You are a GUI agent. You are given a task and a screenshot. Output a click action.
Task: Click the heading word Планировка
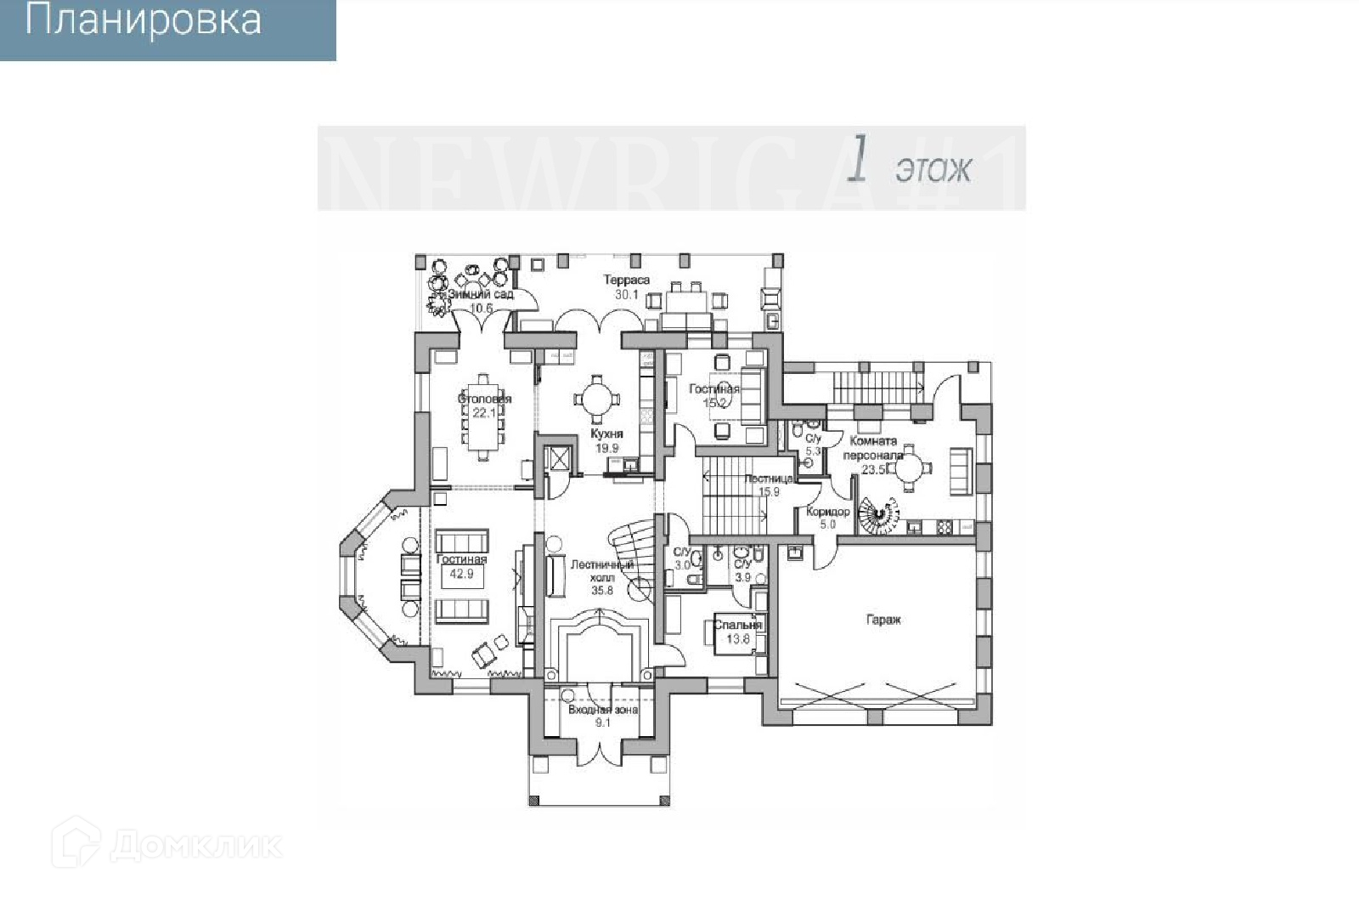143,21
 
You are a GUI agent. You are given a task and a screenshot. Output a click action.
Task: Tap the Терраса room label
627,280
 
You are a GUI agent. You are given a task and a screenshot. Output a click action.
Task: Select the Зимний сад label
481,294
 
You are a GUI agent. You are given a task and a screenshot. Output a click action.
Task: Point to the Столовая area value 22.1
483,413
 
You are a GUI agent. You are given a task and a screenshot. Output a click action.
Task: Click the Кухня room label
606,433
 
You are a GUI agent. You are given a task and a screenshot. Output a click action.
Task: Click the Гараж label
883,620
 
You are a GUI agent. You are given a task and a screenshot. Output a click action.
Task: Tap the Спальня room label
737,625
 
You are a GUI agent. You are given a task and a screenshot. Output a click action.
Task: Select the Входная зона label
603,710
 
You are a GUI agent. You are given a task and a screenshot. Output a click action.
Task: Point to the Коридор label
827,512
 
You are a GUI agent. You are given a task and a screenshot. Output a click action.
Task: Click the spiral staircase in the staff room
877,514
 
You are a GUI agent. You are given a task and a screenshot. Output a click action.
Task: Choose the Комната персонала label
873,448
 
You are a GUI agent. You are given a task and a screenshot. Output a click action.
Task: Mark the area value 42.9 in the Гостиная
461,574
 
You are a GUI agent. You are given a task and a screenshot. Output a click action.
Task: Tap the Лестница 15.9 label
769,484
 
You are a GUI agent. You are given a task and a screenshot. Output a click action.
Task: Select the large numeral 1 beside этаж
859,160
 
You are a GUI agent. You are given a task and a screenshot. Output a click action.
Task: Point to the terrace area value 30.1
627,294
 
